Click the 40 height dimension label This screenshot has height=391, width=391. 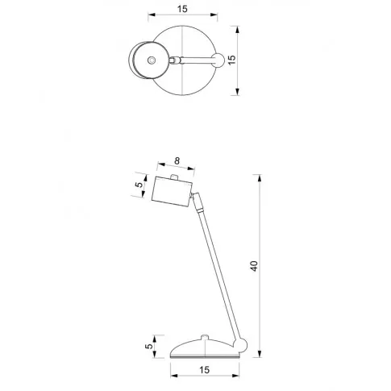pos(254,266)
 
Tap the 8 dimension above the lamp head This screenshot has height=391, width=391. pos(177,161)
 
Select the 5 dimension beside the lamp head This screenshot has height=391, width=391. pos(139,185)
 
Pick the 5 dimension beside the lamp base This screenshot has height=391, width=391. pos(149,346)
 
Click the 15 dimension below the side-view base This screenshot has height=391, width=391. pos(204,370)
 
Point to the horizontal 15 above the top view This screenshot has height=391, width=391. pos(182,9)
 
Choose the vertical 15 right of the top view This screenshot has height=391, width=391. pos(231,60)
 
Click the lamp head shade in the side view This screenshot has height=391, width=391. pos(172,192)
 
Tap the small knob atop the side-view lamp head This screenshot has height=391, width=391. pos(174,177)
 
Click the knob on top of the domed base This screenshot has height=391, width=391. pos(205,337)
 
